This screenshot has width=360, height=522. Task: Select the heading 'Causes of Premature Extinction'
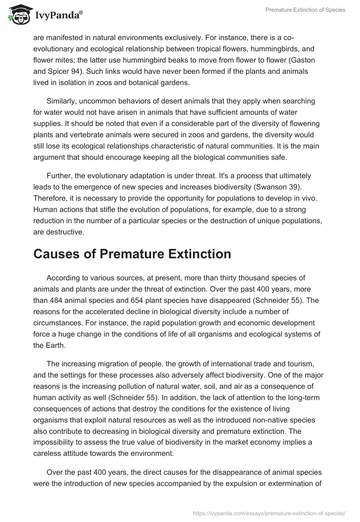pyautogui.click(x=132, y=254)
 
